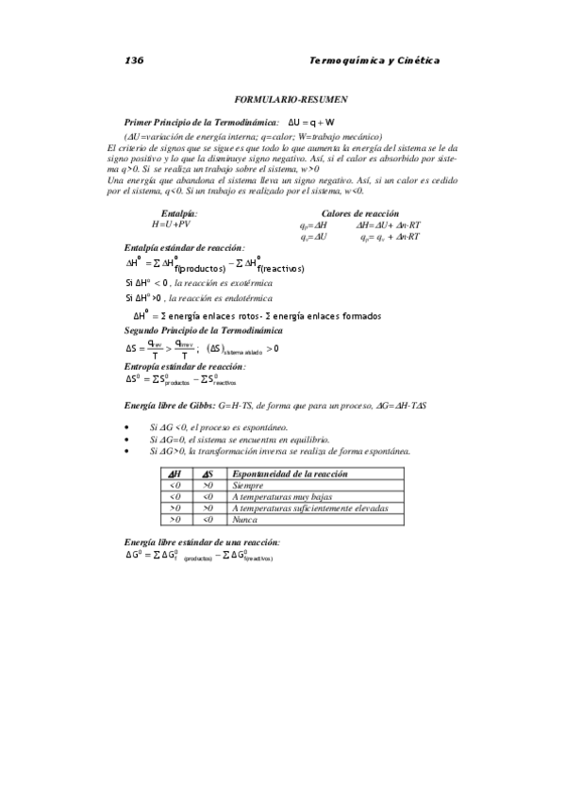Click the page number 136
pos(133,61)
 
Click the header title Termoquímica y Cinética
pos(374,61)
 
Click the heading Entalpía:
pos(179,214)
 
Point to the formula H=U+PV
pos(171,225)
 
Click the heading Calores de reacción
pos(359,214)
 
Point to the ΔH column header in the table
pos(174,474)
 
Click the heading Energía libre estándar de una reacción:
pos(202,542)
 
